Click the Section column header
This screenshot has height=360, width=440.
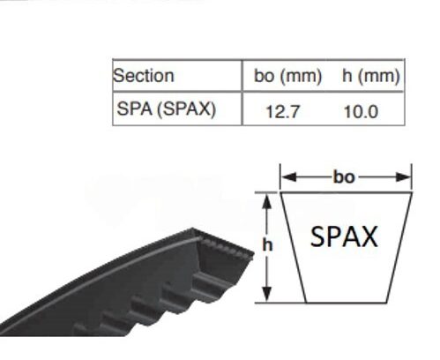144,75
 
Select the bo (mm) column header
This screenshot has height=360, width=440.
288,76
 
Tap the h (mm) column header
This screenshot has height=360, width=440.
371,76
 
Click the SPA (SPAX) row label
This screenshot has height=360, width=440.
167,109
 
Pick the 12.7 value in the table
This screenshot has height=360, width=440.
282,112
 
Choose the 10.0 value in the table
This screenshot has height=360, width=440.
361,112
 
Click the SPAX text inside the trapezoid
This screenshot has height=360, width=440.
344,236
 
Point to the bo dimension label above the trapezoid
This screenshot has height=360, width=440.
344,177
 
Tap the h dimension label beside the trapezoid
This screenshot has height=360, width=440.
267,244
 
